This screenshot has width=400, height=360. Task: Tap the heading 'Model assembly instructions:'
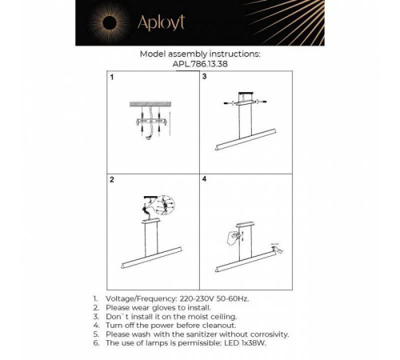click(x=199, y=55)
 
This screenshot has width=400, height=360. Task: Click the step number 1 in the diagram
click(x=112, y=78)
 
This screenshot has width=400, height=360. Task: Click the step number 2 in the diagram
click(x=112, y=182)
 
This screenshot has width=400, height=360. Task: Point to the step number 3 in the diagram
click(x=205, y=78)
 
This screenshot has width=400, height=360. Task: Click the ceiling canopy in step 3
click(x=244, y=102)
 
